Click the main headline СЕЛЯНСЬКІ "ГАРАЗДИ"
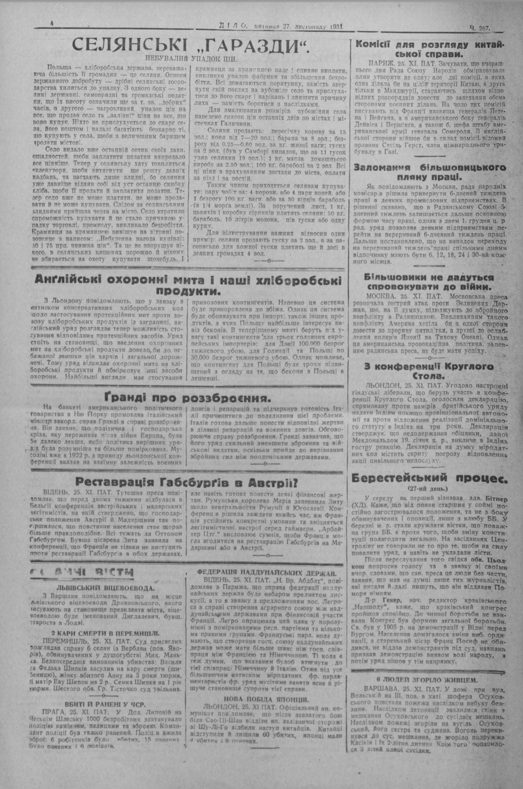190,45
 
